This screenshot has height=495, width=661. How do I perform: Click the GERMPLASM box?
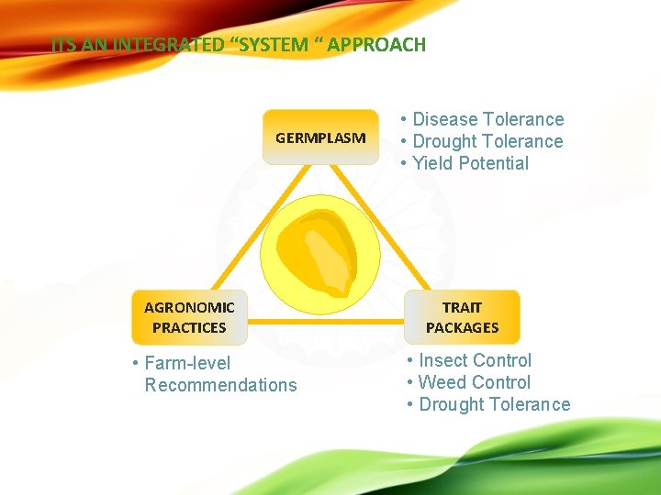click(x=320, y=137)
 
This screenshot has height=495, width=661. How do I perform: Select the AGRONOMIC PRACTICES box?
click(x=189, y=317)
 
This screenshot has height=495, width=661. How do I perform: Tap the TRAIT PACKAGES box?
click(x=462, y=317)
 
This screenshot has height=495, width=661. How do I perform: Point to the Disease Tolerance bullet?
click(x=487, y=119)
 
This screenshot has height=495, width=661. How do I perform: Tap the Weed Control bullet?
click(x=474, y=382)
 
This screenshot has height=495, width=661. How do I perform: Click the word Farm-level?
click(x=187, y=363)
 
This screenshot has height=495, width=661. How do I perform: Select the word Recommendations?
click(x=221, y=385)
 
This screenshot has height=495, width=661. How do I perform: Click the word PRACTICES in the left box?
click(x=189, y=327)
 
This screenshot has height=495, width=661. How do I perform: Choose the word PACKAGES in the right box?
click(x=462, y=327)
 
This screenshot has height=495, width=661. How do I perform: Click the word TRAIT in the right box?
click(x=462, y=307)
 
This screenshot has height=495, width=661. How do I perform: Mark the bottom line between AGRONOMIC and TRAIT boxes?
click(x=326, y=322)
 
